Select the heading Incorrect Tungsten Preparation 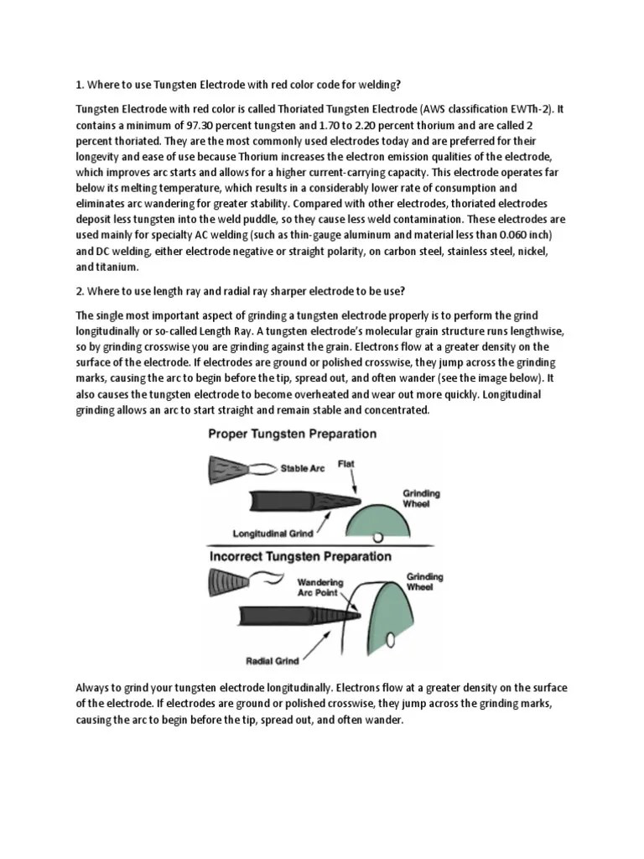tap(299, 556)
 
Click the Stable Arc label tap(304, 469)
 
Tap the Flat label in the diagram tap(345, 462)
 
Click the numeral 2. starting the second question tap(80, 291)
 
